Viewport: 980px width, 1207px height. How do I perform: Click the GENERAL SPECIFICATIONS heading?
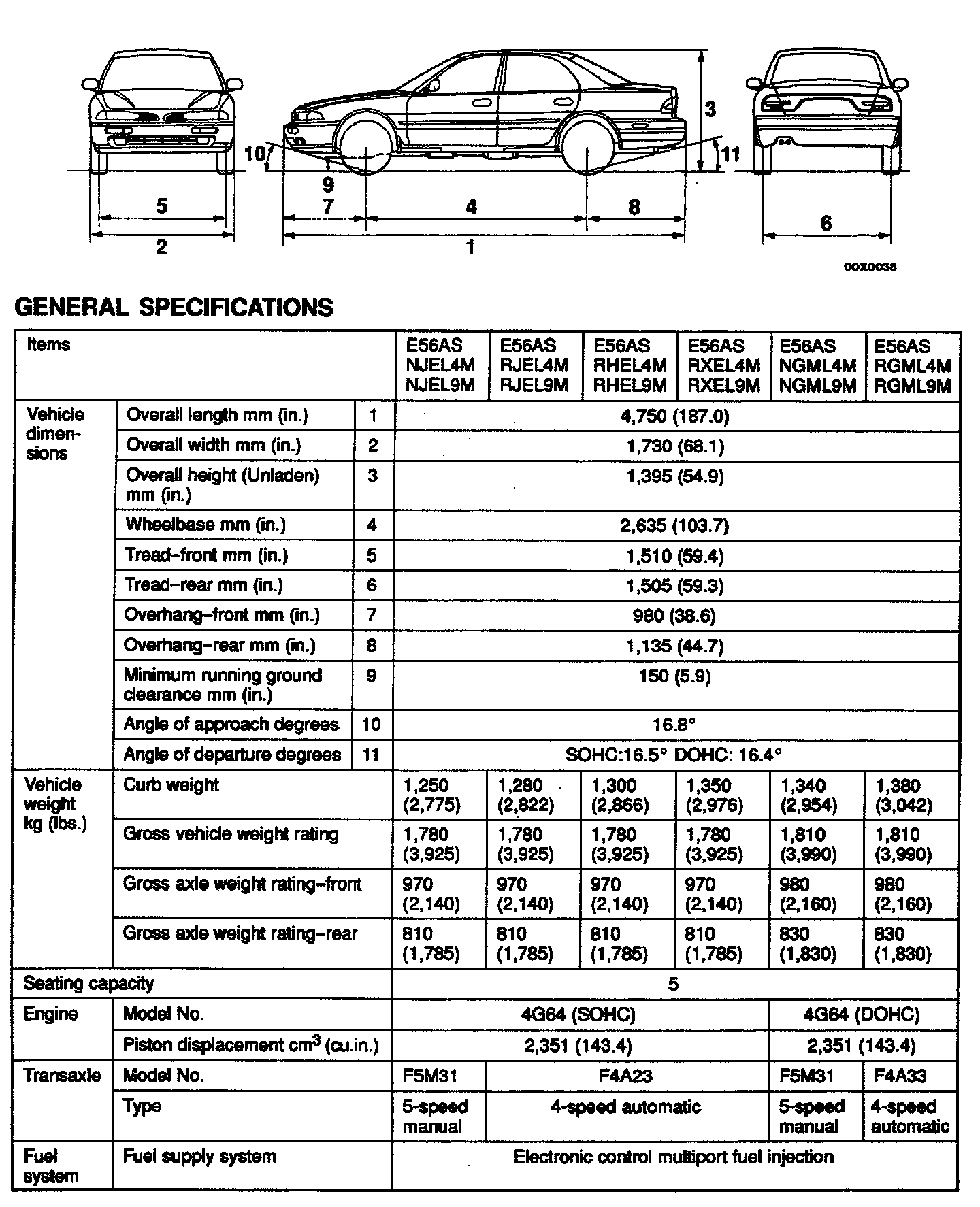(x=174, y=308)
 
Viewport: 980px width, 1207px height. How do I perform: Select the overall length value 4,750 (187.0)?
(x=674, y=416)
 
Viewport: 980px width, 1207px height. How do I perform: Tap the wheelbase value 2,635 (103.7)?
(x=674, y=526)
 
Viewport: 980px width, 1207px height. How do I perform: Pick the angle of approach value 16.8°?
(x=674, y=725)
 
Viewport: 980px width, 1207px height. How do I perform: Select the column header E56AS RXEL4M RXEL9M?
(x=723, y=366)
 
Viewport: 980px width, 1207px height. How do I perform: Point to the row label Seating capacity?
(x=88, y=984)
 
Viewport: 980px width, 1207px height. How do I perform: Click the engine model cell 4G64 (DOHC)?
(x=861, y=1015)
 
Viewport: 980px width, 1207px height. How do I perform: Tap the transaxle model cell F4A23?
(x=625, y=1076)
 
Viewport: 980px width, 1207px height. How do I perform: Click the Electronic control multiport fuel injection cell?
(x=673, y=1157)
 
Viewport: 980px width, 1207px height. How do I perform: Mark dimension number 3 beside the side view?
(x=710, y=109)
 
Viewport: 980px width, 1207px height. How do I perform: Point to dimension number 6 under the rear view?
(x=826, y=222)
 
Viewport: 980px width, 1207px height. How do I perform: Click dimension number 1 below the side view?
(x=470, y=247)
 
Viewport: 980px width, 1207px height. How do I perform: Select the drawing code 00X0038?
(x=870, y=267)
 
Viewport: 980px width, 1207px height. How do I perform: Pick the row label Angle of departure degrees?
(x=232, y=755)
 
